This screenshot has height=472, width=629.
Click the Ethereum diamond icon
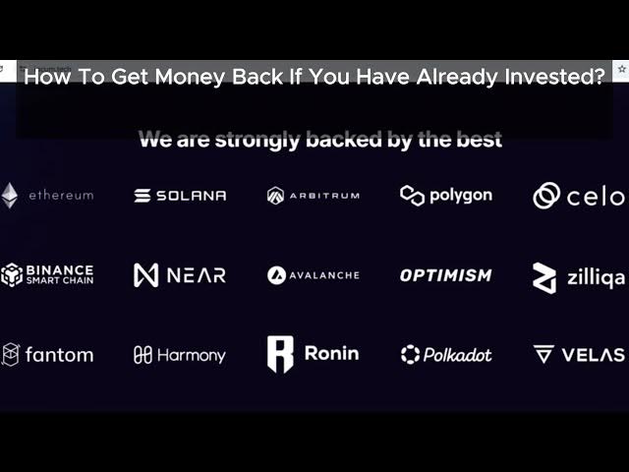[9, 196]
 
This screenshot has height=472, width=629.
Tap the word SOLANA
[191, 196]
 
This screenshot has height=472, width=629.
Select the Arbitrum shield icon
[275, 196]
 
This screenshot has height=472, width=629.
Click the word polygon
[461, 197]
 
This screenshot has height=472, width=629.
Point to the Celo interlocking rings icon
[546, 196]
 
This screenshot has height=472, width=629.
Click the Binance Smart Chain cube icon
[12, 275]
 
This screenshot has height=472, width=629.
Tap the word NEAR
[197, 275]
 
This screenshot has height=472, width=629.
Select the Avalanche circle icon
[276, 275]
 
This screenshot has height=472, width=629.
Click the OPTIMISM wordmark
[445, 275]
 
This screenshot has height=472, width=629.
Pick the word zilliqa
[596, 277]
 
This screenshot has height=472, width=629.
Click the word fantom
[59, 355]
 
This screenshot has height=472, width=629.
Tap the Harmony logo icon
[143, 355]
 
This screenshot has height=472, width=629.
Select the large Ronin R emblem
[280, 354]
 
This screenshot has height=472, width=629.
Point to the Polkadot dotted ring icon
[410, 355]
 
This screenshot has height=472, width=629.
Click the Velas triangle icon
[543, 354]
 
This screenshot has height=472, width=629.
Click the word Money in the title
[190, 77]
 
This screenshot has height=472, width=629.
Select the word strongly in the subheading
[257, 140]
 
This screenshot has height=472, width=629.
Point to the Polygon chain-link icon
[412, 196]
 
